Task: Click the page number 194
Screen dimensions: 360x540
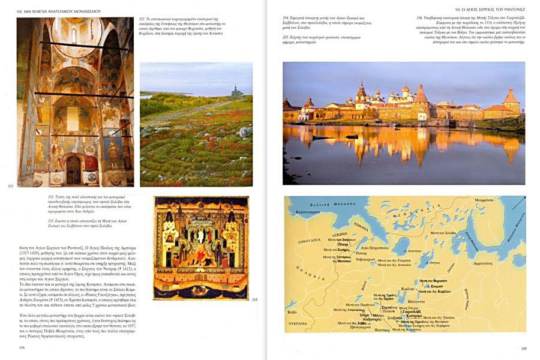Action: click(22, 347)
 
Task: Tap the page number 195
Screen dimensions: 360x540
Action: click(523, 347)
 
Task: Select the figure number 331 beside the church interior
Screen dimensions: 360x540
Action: click(10, 186)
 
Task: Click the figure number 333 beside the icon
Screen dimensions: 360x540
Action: click(254, 299)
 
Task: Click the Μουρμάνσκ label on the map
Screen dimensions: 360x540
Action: click(484, 200)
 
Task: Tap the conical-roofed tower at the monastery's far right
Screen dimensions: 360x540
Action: click(511, 100)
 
